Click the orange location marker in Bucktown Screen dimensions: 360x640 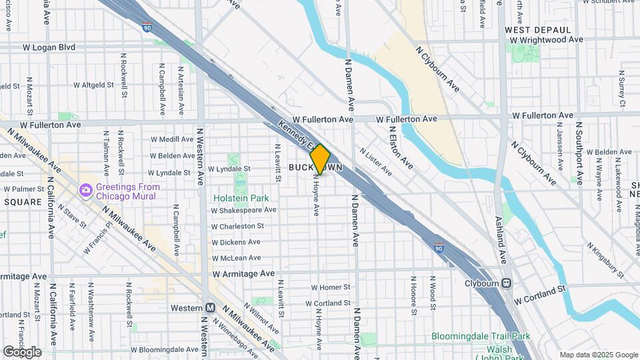(x=320, y=159)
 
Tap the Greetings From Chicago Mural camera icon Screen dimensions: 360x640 (x=85, y=191)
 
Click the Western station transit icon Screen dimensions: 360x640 (x=210, y=307)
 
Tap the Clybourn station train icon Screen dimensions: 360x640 (x=507, y=283)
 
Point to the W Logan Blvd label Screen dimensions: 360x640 (x=58, y=47)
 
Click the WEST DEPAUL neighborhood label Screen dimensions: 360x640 (x=538, y=30)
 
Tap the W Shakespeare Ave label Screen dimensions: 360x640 (x=243, y=210)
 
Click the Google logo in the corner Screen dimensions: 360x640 (x=21, y=351)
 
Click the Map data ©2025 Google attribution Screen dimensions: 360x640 (x=598, y=355)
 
